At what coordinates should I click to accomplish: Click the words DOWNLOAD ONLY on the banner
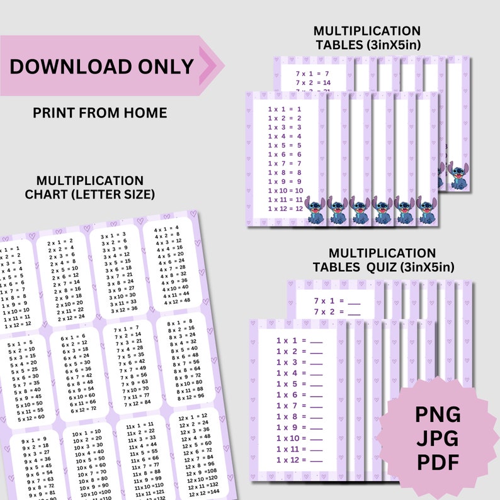(102, 66)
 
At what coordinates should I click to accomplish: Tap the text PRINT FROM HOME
(99, 113)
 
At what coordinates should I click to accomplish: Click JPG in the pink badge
(437, 439)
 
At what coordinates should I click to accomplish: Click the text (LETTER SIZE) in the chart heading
(113, 194)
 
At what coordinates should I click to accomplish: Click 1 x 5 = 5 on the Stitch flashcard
(285, 145)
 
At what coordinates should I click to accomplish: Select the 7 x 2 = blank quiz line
(337, 311)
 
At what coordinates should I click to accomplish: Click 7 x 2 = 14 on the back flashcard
(313, 82)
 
